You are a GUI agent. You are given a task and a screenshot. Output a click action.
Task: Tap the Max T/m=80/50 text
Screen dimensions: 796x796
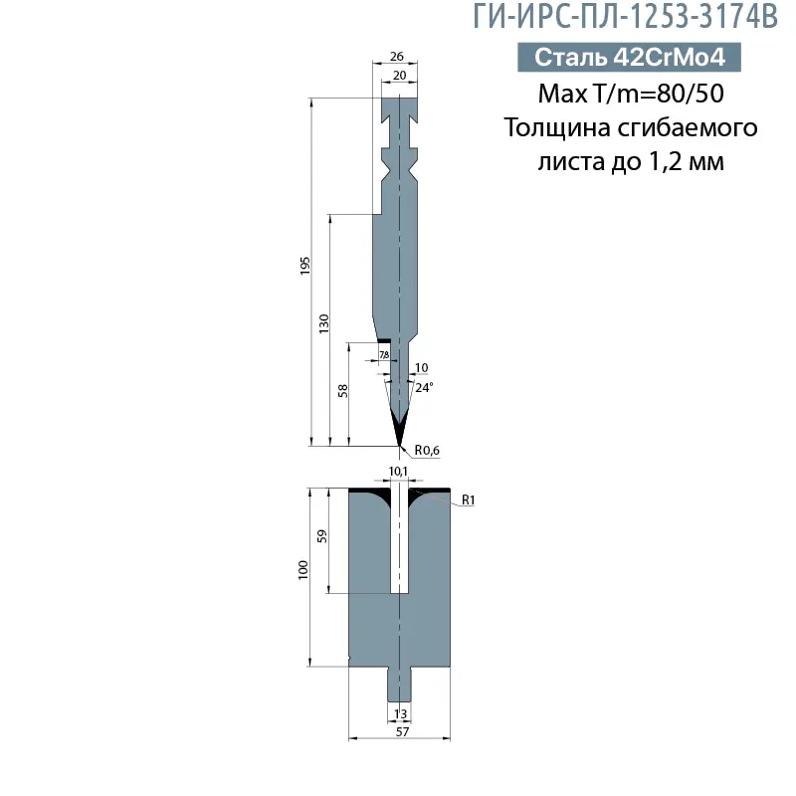click(x=630, y=95)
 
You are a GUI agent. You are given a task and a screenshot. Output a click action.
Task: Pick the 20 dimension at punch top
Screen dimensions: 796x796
click(x=399, y=76)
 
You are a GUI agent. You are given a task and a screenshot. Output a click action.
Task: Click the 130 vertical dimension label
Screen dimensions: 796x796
click(x=324, y=323)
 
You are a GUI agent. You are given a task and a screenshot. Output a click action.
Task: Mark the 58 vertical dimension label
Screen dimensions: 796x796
click(x=343, y=391)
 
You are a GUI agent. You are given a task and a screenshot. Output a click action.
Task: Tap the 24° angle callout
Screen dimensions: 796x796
click(x=424, y=388)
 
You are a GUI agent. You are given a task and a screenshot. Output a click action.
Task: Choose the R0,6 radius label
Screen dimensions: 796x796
click(x=427, y=451)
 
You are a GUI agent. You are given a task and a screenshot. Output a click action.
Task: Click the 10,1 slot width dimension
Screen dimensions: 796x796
click(x=397, y=471)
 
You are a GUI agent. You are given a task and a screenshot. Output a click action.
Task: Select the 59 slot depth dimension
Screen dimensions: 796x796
click(x=321, y=537)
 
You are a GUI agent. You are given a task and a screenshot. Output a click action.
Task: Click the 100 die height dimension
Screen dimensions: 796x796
click(x=303, y=570)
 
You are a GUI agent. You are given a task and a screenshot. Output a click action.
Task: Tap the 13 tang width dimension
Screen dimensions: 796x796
click(x=400, y=714)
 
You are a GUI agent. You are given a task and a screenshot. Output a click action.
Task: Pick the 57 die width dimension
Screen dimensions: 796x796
click(x=400, y=731)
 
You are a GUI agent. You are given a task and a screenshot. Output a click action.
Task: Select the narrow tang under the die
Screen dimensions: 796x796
click(x=399, y=685)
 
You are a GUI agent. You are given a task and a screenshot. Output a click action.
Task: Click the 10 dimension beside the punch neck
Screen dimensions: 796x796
click(x=421, y=368)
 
